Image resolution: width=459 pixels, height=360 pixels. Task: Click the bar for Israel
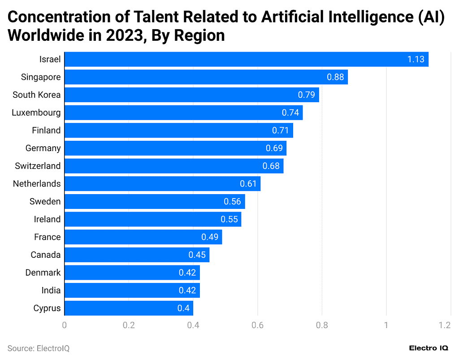[246, 59]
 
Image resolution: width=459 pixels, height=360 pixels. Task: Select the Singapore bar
[206, 77]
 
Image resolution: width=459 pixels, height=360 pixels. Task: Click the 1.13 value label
[416, 59]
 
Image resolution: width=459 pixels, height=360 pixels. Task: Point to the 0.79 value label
[306, 95]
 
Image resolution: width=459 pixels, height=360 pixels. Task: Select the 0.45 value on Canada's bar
[197, 255]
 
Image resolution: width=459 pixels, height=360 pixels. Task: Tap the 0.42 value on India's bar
[187, 290]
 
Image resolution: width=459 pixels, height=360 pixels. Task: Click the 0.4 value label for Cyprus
[183, 308]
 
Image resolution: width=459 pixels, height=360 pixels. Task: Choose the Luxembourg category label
[36, 113]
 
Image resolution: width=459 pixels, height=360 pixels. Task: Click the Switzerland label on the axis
[37, 166]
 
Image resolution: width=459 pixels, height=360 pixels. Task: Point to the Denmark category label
[43, 273]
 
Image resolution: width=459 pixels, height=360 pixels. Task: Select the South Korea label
[36, 95]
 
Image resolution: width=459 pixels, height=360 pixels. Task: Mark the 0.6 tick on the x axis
[258, 325]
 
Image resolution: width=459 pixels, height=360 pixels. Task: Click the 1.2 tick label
[445, 325]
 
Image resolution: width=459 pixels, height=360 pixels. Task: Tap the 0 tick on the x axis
[65, 325]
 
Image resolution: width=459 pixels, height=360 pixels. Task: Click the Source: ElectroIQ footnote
[39, 348]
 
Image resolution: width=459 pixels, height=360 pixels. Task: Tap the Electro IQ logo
[429, 348]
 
